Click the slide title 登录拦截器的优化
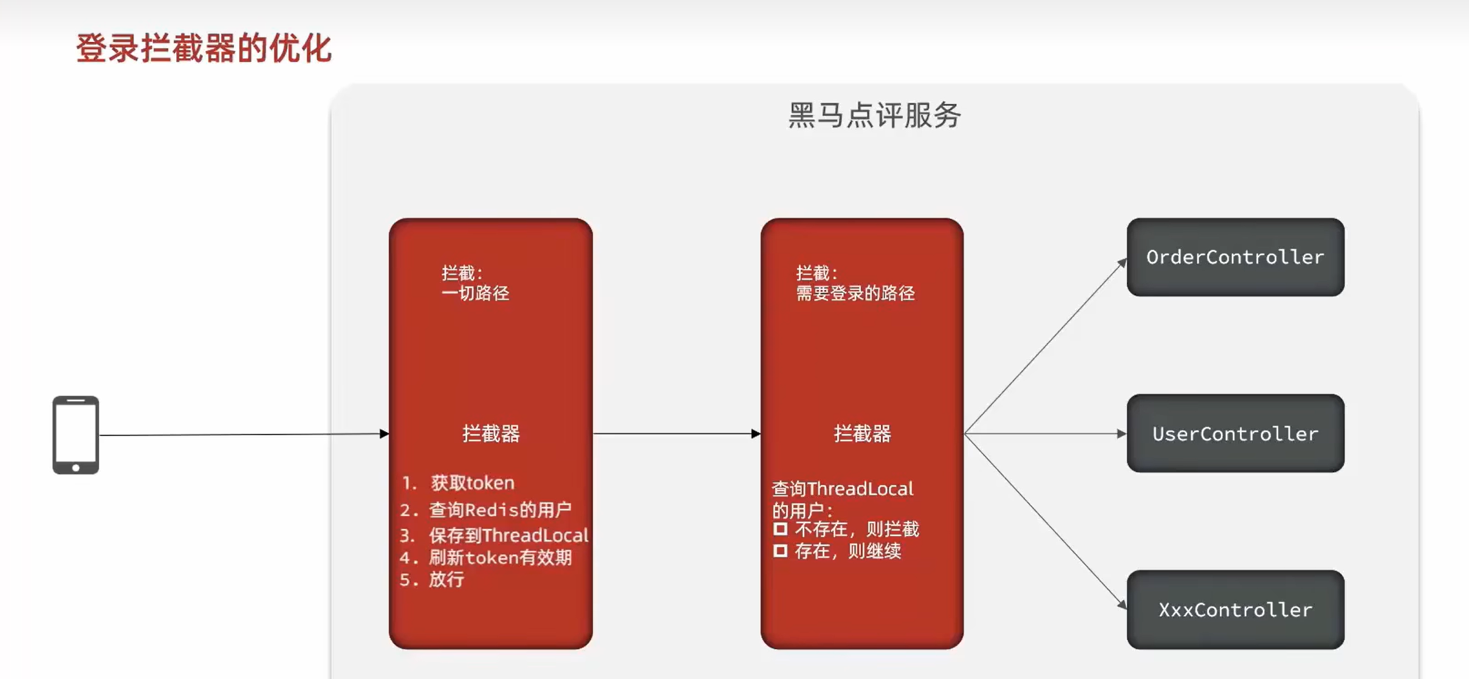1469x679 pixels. pyautogui.click(x=204, y=49)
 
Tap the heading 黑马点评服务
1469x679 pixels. pyautogui.click(x=874, y=115)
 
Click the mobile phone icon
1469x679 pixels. pyautogui.click(x=75, y=435)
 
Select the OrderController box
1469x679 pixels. pyautogui.click(x=1234, y=257)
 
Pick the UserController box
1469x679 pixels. pyautogui.click(x=1234, y=433)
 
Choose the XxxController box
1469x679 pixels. pyautogui.click(x=1234, y=610)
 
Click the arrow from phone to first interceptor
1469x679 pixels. pyautogui.click(x=243, y=434)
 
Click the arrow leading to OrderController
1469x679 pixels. pyautogui.click(x=1045, y=346)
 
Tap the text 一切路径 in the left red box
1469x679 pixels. pyautogui.click(x=475, y=294)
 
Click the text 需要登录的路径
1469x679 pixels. pyautogui.click(x=855, y=294)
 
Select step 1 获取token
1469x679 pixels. pyautogui.click(x=472, y=483)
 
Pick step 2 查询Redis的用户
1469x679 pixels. pyautogui.click(x=499, y=509)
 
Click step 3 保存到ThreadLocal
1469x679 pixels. pyautogui.click(x=508, y=535)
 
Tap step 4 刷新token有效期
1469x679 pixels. pyautogui.click(x=499, y=557)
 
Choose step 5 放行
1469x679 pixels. pyautogui.click(x=446, y=579)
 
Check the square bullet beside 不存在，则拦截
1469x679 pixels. pyautogui.click(x=780, y=529)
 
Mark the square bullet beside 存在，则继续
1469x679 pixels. pyautogui.click(x=780, y=551)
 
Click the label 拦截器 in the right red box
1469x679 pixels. pyautogui.click(x=862, y=433)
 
